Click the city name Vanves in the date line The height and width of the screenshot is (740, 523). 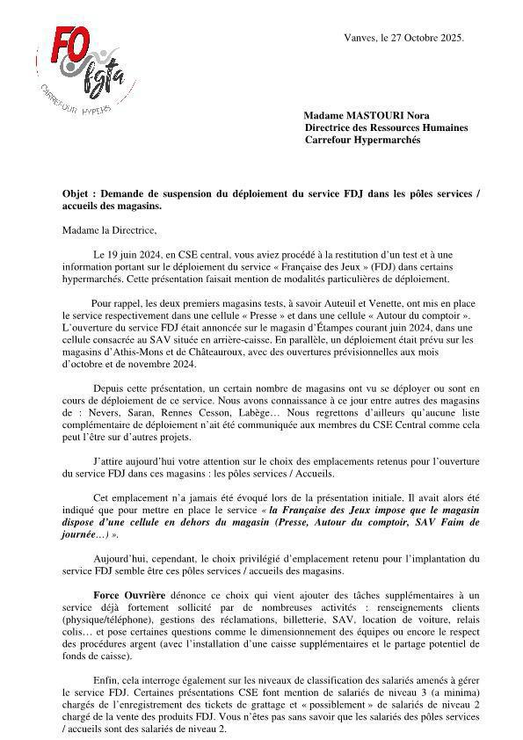pos(360,38)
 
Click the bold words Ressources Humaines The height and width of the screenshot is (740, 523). pos(418,127)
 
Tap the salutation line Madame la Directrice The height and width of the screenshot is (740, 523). pos(109,230)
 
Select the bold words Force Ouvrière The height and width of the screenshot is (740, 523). pos(129,593)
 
